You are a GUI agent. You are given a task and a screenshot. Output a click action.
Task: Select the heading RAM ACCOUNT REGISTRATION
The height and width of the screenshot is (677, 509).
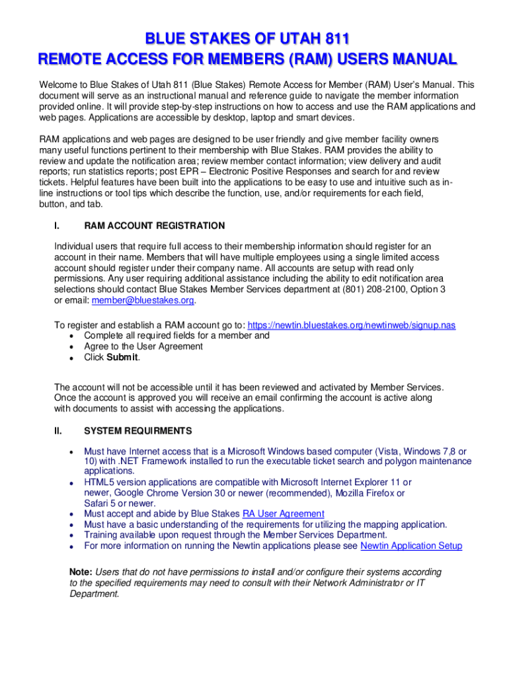[x=154, y=225]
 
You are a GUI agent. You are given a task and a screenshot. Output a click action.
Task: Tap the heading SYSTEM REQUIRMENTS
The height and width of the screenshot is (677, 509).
[x=138, y=431]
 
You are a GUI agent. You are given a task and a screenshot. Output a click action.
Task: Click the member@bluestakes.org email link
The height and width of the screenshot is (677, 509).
[x=143, y=300]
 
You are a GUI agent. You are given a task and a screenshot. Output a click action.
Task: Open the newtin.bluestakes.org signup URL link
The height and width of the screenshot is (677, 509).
[x=351, y=325]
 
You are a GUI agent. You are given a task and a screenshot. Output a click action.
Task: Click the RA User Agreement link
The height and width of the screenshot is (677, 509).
[x=283, y=514]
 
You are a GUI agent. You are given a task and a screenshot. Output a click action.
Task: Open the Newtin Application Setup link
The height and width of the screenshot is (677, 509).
[x=411, y=545]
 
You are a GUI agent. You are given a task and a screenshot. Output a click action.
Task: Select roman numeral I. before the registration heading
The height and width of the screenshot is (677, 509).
[x=57, y=225]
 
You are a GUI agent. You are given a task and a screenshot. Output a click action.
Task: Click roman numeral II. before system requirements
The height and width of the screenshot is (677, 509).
[x=58, y=431]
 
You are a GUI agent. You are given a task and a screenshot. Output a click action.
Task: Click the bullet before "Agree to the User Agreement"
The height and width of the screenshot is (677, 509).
[x=71, y=346]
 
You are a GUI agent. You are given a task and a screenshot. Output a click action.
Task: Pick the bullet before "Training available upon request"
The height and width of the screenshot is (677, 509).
[x=71, y=535]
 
